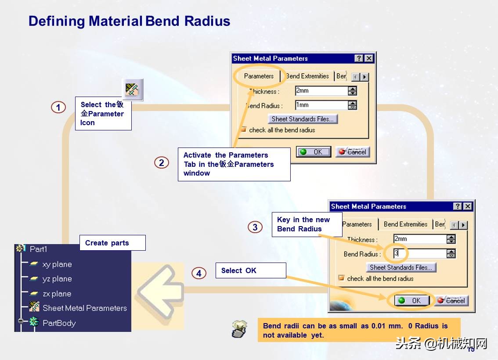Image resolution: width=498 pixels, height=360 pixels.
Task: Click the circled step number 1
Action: point(58,107)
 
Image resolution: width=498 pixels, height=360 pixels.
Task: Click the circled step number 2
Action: point(162,163)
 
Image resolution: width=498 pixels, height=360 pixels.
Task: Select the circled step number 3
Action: point(255,227)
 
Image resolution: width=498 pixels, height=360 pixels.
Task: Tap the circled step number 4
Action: point(199,274)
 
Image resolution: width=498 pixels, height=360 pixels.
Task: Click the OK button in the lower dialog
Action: point(410,300)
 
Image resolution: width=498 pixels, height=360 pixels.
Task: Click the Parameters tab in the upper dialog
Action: point(259,76)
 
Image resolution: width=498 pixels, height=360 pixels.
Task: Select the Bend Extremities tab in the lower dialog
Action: point(405,224)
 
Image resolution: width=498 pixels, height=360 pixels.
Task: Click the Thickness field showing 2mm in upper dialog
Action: point(321,91)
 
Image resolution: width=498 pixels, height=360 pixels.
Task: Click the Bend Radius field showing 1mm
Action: point(321,105)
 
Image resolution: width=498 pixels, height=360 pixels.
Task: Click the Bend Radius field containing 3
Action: point(419,254)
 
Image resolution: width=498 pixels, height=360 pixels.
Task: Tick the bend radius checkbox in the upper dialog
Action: point(243,130)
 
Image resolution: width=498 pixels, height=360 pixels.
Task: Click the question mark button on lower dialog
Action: point(458,206)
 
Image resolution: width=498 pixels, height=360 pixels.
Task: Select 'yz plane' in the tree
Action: point(57,279)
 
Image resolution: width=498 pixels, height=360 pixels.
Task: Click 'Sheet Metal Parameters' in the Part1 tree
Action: point(84,308)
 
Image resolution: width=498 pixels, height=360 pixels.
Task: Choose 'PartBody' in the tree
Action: point(59,323)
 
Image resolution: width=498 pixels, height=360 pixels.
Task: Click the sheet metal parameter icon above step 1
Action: point(133,90)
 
